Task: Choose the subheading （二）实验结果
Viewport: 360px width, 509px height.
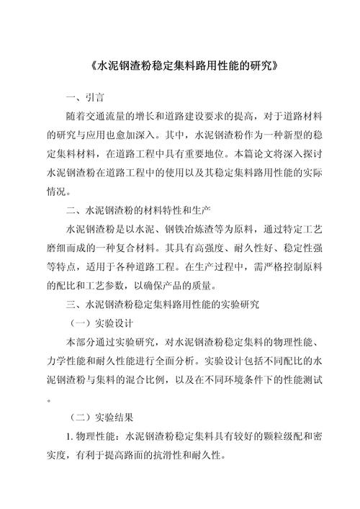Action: (100, 416)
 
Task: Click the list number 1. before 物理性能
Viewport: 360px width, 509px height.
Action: (69, 436)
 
